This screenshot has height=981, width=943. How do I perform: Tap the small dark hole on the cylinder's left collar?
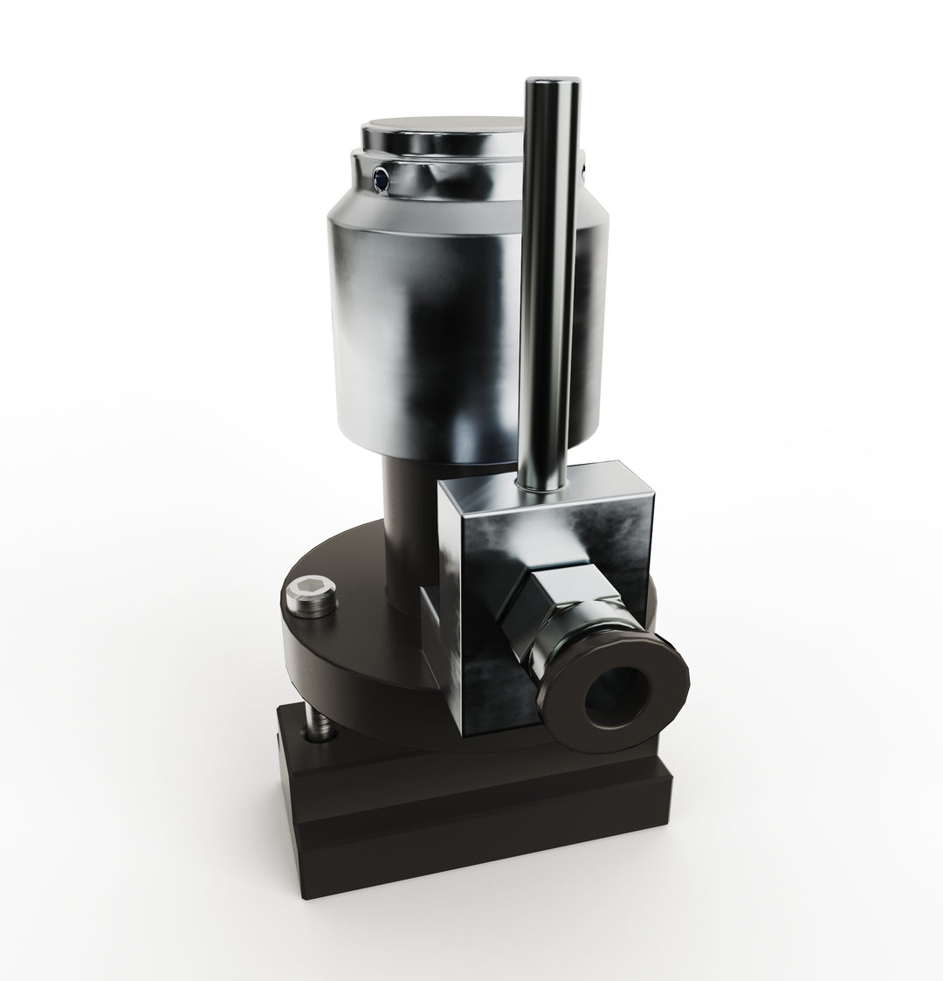point(380,179)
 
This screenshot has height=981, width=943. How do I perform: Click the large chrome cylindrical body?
point(419,332)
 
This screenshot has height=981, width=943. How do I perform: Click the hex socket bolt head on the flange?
point(311,596)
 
